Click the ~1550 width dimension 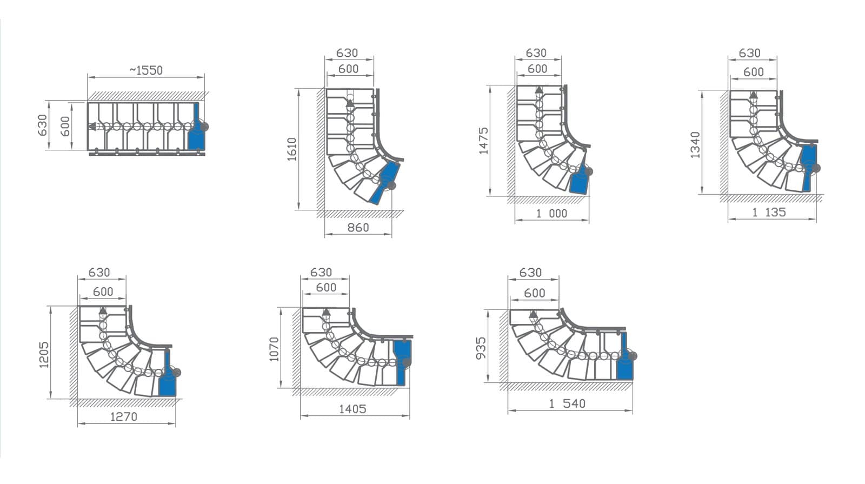point(146,70)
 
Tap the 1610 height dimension point(292,149)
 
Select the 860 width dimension point(358,228)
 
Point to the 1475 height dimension point(483,141)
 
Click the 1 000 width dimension point(552,213)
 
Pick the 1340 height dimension point(695,145)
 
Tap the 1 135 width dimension point(769,212)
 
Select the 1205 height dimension point(44,355)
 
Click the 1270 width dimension point(124,417)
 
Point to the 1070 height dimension point(274,349)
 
